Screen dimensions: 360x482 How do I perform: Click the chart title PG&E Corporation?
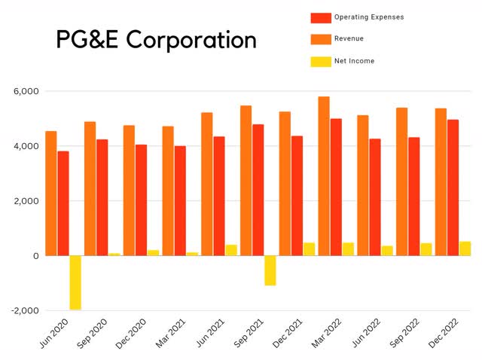[x=156, y=39]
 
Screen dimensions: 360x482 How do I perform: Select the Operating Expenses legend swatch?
[x=322, y=17]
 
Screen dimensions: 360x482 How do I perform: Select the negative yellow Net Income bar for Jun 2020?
[x=75, y=282]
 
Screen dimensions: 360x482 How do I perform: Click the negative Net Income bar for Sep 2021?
[x=270, y=270]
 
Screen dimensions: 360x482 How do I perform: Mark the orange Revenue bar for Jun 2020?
[x=51, y=194]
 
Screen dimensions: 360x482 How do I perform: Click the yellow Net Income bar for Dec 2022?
[x=465, y=249]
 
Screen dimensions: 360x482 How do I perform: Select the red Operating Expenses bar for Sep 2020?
[x=102, y=197]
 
